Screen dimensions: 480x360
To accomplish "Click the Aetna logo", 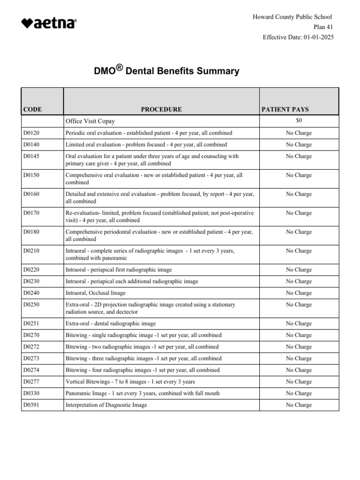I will click(x=49, y=23).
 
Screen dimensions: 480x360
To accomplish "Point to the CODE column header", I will click(x=32, y=110).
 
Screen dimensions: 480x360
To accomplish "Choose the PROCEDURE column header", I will click(x=161, y=110).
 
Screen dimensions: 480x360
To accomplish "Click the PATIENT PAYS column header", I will click(x=285, y=110).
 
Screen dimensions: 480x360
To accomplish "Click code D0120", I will click(x=31, y=133).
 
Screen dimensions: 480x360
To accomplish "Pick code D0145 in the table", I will click(x=31, y=157).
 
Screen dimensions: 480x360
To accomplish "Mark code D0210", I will click(x=31, y=251).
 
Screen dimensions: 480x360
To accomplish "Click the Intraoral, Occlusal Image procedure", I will click(x=96, y=293).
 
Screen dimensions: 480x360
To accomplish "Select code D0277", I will click(x=31, y=382).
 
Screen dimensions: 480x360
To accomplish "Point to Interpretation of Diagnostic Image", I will click(x=106, y=405).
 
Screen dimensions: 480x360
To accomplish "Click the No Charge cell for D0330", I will click(x=299, y=393).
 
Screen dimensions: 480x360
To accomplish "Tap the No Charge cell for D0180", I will click(x=299, y=232).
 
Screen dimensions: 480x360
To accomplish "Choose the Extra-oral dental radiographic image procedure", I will click(x=111, y=323).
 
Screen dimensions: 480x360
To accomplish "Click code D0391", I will click(x=31, y=405).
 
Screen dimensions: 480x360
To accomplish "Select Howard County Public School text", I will click(x=292, y=17).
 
